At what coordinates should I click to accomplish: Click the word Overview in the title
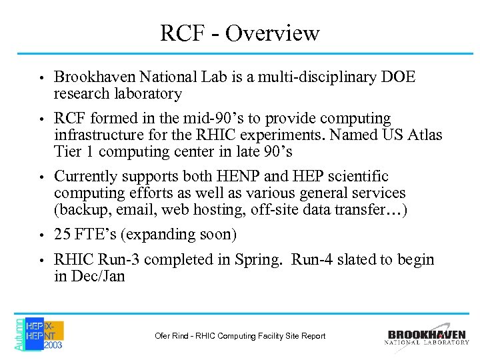[273, 33]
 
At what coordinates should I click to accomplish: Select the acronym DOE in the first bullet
[397, 77]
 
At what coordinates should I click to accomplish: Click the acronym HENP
[229, 176]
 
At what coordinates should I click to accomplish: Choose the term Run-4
[315, 259]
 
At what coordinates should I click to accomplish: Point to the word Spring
[261, 260]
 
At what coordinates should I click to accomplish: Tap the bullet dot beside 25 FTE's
[41, 235]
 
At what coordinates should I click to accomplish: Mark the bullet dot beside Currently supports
[41, 177]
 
